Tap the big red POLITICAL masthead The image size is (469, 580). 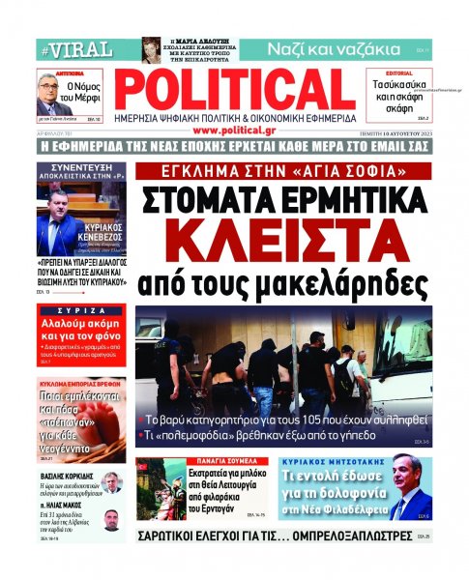click(x=236, y=90)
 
